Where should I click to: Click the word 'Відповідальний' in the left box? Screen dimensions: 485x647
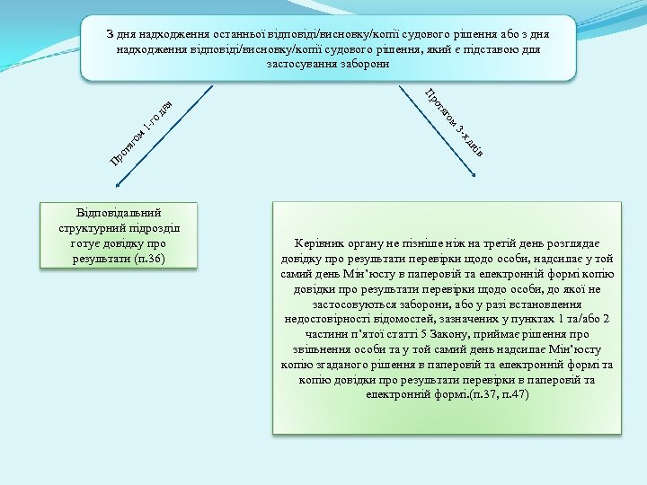(119, 214)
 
